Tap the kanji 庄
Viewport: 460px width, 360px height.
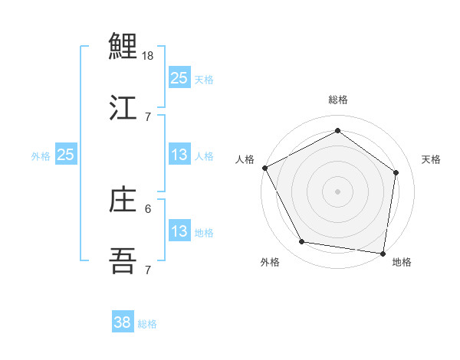coord(123,200)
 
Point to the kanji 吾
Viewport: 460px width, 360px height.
coord(123,261)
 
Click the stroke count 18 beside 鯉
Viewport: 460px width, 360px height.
coord(149,56)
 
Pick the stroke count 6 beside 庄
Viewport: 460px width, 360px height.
coord(148,208)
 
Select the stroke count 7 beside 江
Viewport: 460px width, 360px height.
coord(148,116)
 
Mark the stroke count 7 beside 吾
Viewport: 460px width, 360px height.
coord(148,270)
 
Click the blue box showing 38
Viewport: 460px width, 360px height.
coord(122,322)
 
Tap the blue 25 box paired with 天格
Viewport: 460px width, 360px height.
coord(179,77)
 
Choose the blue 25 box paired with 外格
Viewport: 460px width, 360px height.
coord(66,155)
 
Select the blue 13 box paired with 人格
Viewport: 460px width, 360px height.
coord(179,155)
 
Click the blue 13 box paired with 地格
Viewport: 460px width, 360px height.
coord(179,231)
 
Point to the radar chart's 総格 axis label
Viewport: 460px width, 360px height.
coord(338,100)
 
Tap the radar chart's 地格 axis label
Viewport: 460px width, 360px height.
coord(402,262)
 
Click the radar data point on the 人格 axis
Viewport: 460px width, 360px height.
coord(264,168)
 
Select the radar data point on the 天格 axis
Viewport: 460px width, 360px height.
coord(396,172)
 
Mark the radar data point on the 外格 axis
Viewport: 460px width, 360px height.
coord(302,242)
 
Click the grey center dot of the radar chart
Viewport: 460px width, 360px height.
coord(338,191)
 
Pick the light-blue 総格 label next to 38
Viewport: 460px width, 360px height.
coord(147,324)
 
